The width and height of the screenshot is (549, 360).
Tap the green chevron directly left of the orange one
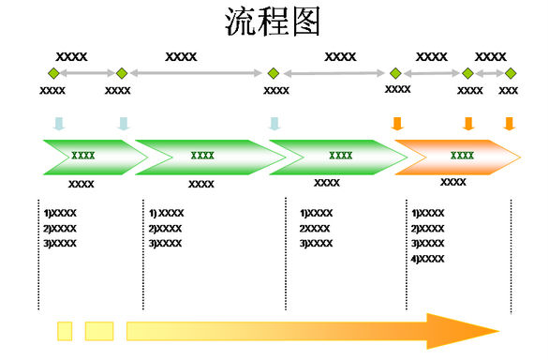328,157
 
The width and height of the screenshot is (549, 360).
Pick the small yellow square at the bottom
65,330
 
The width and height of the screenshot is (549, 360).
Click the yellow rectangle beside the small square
98,330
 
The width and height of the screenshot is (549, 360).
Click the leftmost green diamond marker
53,73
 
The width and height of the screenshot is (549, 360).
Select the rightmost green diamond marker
511,73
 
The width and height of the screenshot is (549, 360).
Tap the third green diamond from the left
273,73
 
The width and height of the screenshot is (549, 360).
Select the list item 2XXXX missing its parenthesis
315,229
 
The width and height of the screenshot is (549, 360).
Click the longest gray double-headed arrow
197,73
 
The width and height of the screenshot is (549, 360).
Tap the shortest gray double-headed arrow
489,73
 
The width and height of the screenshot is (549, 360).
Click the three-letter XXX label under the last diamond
509,91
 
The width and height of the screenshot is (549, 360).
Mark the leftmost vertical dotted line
38,253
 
